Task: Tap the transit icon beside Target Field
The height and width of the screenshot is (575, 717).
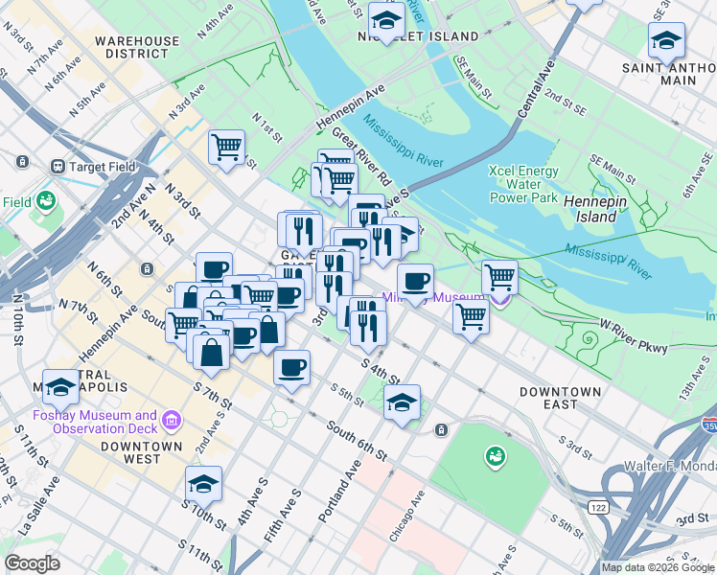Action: [x=58, y=166]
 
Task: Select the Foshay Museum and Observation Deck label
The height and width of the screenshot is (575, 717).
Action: [x=94, y=422]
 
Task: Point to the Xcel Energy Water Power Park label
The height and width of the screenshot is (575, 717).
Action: [x=522, y=184]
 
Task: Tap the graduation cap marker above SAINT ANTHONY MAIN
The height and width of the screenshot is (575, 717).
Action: [x=666, y=41]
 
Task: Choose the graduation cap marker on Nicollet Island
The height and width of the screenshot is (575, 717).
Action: [x=386, y=21]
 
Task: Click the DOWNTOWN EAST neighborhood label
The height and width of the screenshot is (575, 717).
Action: [x=561, y=399]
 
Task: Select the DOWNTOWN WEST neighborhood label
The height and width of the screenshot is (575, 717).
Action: [x=142, y=452]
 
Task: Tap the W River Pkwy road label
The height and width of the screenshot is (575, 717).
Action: [x=634, y=341]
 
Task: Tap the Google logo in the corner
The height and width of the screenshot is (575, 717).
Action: [x=33, y=563]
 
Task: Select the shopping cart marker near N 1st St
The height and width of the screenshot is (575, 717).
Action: [x=226, y=148]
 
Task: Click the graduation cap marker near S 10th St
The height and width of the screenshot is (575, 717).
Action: [x=204, y=484]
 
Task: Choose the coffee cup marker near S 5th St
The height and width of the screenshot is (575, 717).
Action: [x=291, y=366]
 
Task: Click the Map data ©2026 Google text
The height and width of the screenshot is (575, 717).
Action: [x=659, y=567]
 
